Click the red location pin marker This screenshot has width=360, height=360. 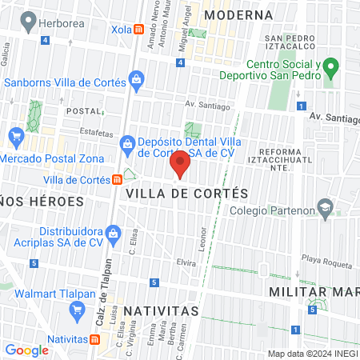point(181,164)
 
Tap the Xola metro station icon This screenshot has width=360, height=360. point(139,30)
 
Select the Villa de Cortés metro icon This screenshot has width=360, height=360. point(117,179)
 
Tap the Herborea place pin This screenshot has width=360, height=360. point(30,22)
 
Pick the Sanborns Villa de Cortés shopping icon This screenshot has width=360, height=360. point(137,79)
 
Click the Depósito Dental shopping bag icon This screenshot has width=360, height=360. point(126,145)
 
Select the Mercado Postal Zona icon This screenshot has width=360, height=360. point(14,135)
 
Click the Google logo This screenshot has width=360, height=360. point(26,350)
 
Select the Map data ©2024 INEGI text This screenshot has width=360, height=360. point(310,354)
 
